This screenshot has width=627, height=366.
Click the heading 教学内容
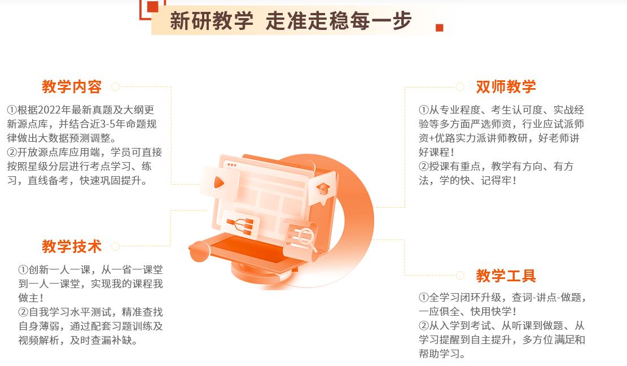72,86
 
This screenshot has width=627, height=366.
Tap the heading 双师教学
506,86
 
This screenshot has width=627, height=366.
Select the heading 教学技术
72,246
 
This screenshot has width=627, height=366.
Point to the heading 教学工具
506,276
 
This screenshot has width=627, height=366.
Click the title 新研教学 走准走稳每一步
291,20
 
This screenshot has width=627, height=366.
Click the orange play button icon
218,182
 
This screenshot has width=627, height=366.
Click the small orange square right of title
440,28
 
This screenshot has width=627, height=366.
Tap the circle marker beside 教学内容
116,87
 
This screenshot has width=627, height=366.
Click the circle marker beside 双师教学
460,87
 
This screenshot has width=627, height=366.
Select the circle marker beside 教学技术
116,246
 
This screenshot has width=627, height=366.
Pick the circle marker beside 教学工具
460,275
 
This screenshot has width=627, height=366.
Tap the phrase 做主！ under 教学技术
31,298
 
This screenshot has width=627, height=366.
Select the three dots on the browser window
231,165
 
